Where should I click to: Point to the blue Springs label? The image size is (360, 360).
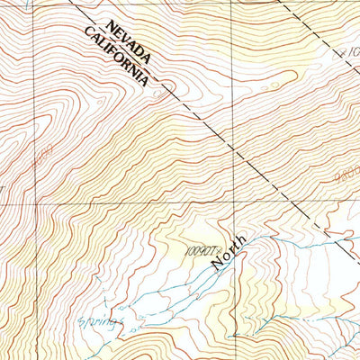(x=98, y=319)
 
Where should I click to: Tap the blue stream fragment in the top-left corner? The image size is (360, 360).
(x=27, y=5)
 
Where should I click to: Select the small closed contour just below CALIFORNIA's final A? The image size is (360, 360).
(x=161, y=90)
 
